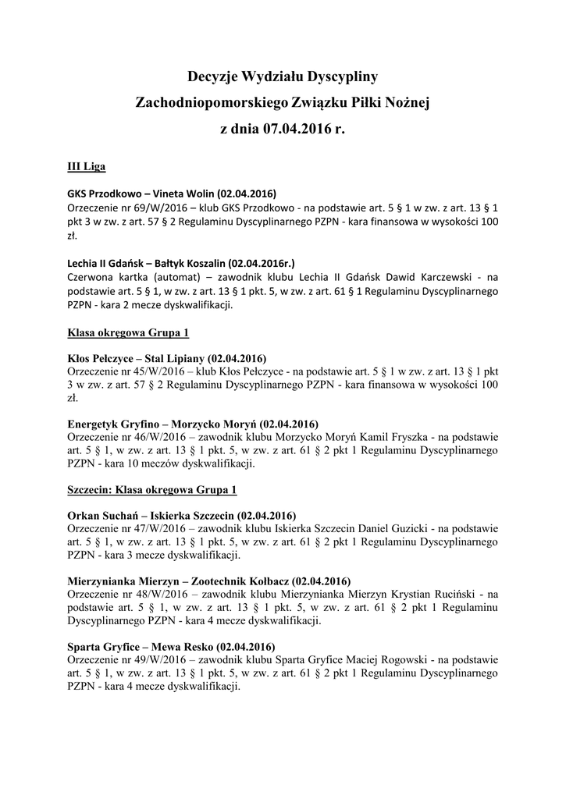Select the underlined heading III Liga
[x=87, y=167]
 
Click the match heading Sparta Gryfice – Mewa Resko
[x=171, y=647]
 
